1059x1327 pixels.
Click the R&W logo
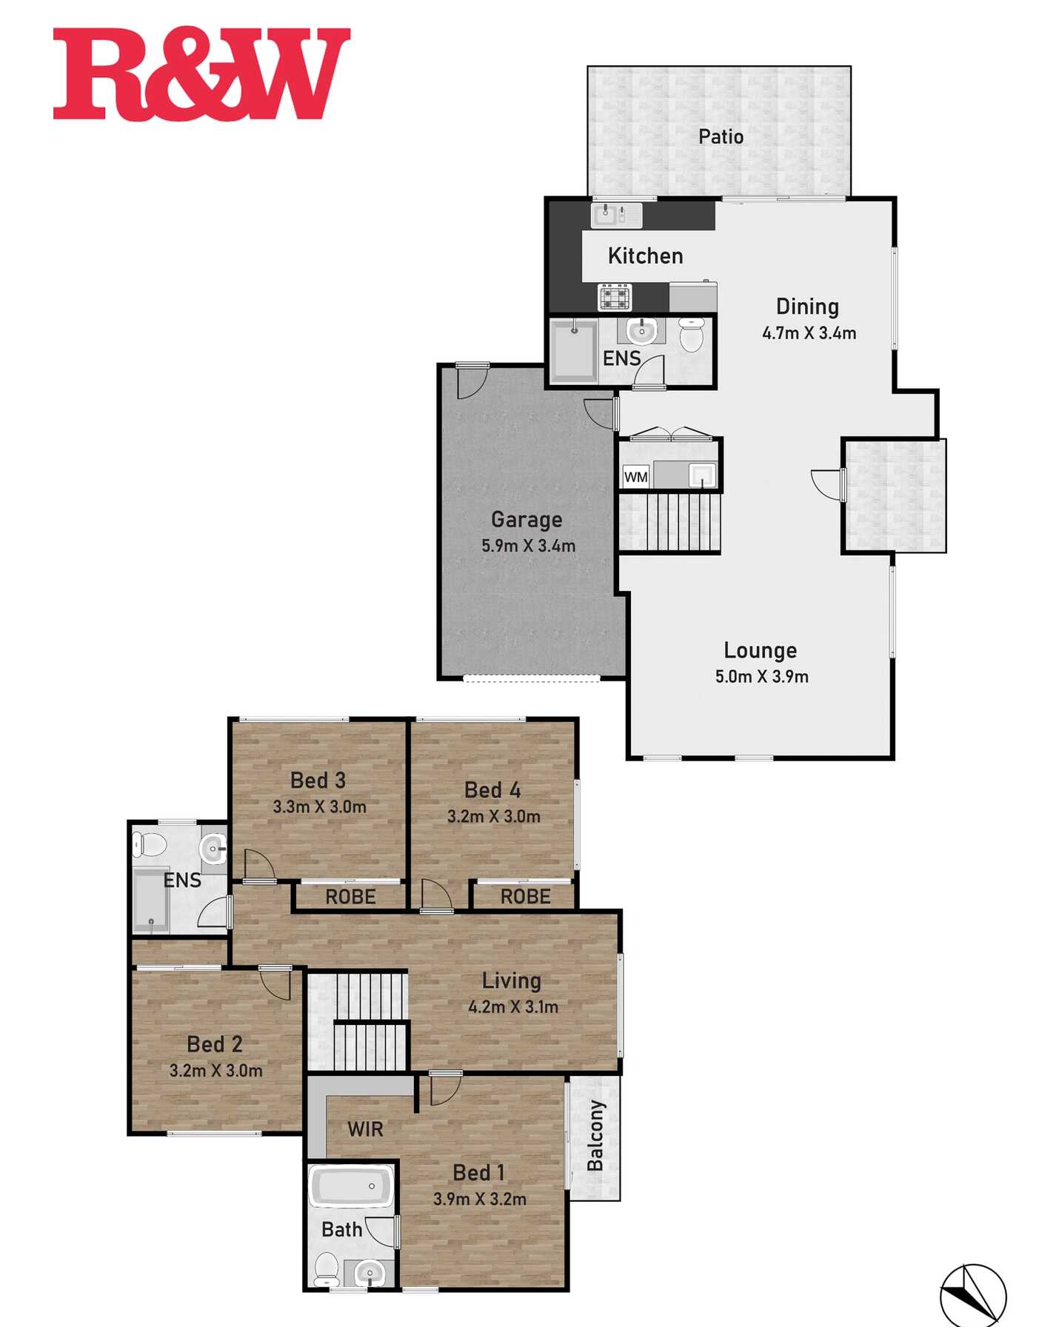pyautogui.click(x=201, y=74)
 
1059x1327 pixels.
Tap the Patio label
pyautogui.click(x=721, y=136)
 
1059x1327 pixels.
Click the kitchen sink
pyautogui.click(x=616, y=215)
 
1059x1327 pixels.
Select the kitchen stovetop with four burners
pyautogui.click(x=615, y=297)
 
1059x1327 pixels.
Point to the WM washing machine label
pyautogui.click(x=636, y=477)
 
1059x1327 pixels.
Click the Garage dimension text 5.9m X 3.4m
pyautogui.click(x=528, y=546)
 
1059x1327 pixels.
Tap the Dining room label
pyautogui.click(x=807, y=307)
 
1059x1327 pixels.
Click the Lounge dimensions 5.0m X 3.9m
pyautogui.click(x=761, y=676)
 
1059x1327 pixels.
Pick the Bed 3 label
pyautogui.click(x=318, y=781)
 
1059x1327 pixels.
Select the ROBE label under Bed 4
pyautogui.click(x=525, y=897)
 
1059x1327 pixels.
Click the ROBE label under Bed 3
pyautogui.click(x=350, y=897)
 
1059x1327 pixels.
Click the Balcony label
pyautogui.click(x=595, y=1135)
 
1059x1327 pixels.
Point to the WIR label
pyautogui.click(x=365, y=1129)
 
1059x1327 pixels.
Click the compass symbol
pyautogui.click(x=973, y=1295)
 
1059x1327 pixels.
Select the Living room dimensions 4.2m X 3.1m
pyautogui.click(x=513, y=1006)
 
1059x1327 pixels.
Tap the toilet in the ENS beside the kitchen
pyautogui.click(x=691, y=335)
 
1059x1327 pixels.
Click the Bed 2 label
pyautogui.click(x=215, y=1044)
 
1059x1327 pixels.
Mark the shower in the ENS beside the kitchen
pyautogui.click(x=573, y=351)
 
